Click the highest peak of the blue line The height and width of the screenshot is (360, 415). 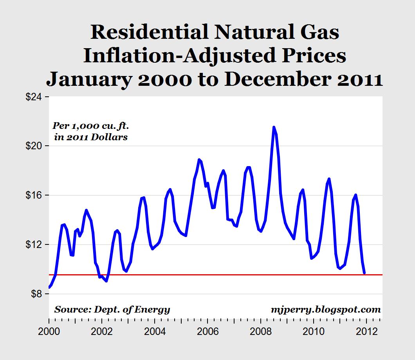(x=274, y=127)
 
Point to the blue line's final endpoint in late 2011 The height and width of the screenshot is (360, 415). (x=364, y=273)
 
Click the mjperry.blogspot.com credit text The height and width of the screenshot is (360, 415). (x=325, y=309)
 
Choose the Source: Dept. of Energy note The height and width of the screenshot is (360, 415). (x=112, y=309)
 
